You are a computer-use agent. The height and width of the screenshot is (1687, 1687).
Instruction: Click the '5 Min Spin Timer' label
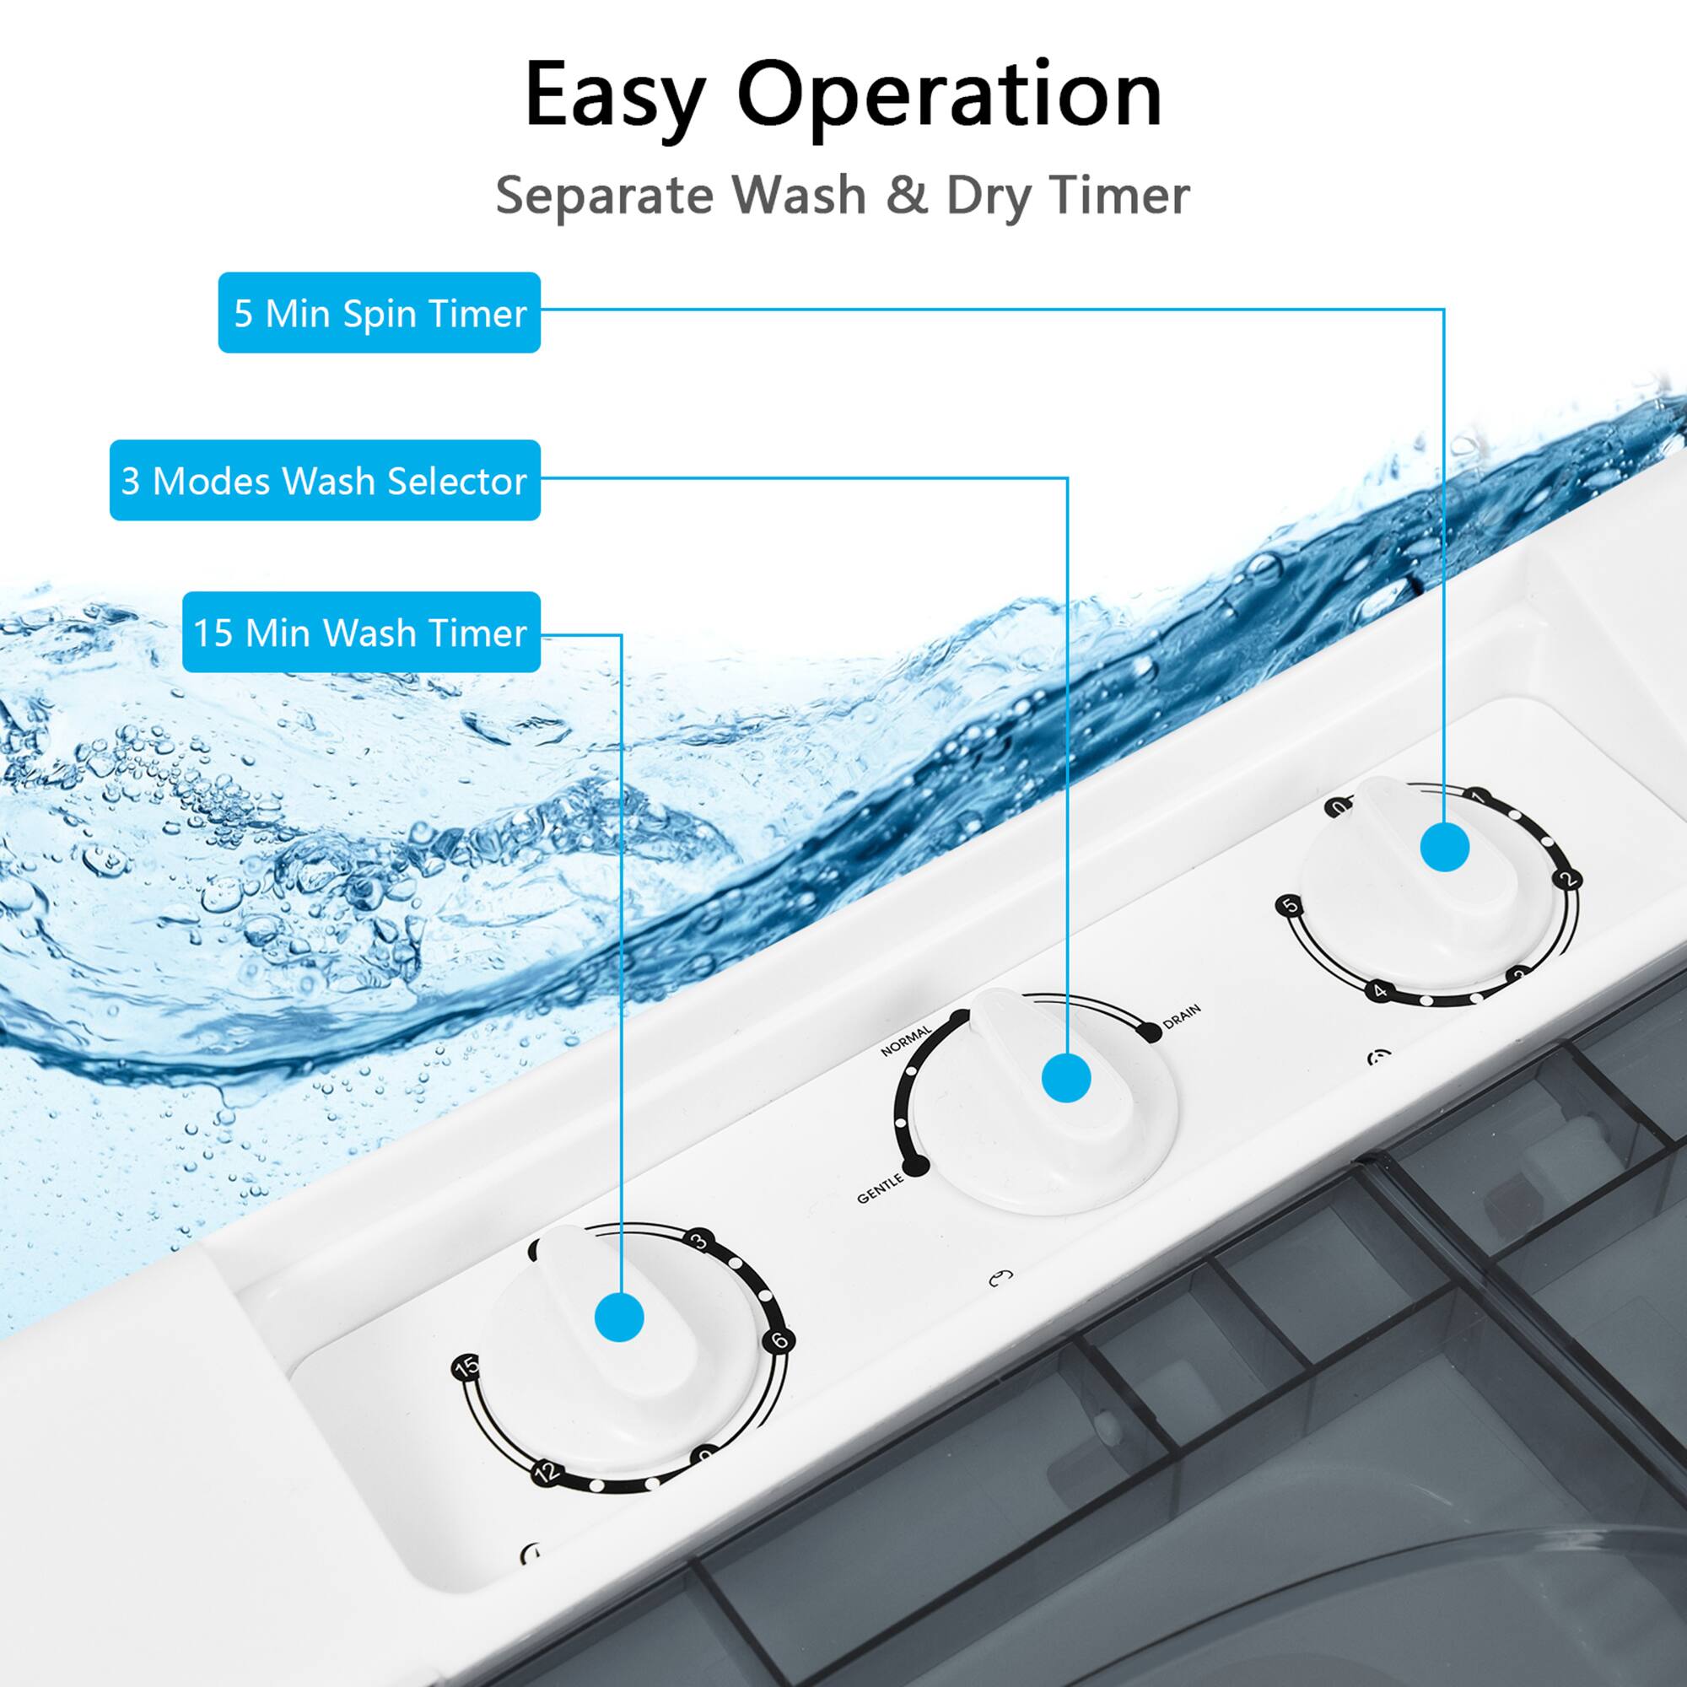(379, 313)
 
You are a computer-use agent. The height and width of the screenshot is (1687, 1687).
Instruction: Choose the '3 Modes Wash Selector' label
(325, 480)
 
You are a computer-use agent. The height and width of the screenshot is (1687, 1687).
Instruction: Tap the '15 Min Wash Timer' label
(362, 632)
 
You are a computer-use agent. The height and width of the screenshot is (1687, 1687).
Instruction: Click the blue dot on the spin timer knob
(1444, 847)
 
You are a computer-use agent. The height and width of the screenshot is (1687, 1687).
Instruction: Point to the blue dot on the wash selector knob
(1067, 1076)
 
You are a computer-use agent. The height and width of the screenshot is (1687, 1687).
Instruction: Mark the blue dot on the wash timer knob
(619, 1317)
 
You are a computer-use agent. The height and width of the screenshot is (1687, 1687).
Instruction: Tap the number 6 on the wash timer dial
(779, 1340)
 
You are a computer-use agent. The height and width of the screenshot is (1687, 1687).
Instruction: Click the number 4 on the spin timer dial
(1381, 990)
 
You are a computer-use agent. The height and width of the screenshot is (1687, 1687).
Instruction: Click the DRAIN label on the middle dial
(1183, 1016)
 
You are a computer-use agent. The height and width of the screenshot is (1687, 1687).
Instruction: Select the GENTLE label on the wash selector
(880, 1188)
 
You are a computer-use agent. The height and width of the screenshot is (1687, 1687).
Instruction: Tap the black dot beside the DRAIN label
(1151, 1032)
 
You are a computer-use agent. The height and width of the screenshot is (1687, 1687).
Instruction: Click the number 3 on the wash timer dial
(699, 1241)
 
